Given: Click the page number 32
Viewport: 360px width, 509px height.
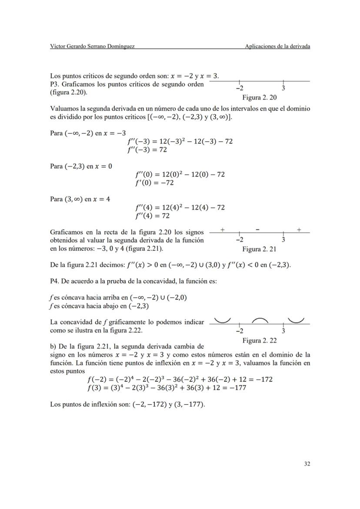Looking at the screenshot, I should coord(307,464).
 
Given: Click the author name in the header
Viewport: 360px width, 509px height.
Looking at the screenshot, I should coord(92,47).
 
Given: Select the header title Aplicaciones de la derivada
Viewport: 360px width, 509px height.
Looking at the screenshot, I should coord(277,47).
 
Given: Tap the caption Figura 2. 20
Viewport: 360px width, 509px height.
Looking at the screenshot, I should coord(260,97).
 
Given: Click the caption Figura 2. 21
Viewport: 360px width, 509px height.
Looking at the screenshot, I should coord(260,249).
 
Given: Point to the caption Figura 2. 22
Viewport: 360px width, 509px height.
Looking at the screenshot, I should coord(260,340).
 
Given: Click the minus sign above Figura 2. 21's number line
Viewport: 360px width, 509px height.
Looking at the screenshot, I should coord(258,229).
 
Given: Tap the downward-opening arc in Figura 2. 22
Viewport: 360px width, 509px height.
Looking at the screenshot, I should coord(260,321).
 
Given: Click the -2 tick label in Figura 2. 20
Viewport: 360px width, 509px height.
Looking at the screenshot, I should coord(239,88).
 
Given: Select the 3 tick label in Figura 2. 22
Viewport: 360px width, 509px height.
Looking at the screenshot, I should coord(283,331).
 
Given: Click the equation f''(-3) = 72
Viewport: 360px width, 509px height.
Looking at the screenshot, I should coord(147,150).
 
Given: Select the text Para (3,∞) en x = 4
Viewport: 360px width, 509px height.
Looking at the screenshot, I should coord(80,199).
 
